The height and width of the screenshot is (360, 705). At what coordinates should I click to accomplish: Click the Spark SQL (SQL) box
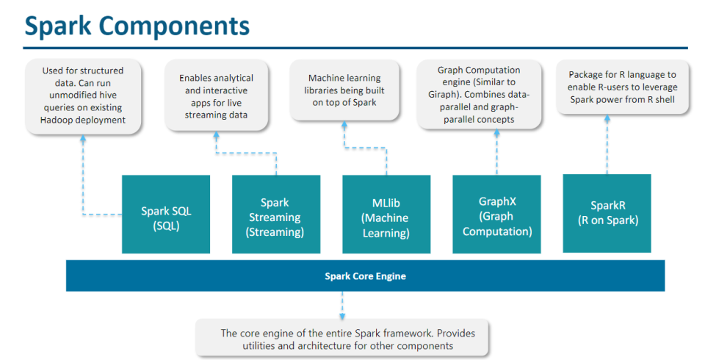click(x=166, y=215)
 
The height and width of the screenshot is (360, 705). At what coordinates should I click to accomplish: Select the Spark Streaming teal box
click(x=276, y=215)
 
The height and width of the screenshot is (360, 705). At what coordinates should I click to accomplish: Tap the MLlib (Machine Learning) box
click(x=386, y=215)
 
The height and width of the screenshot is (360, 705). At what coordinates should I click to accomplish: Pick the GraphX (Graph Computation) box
click(x=496, y=215)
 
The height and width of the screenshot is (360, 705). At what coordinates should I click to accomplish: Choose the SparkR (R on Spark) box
click(x=607, y=213)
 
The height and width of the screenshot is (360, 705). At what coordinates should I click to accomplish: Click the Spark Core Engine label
click(x=365, y=276)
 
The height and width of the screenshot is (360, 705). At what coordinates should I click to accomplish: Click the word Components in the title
click(x=174, y=26)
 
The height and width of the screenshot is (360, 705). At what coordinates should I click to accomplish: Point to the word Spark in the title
click(x=57, y=26)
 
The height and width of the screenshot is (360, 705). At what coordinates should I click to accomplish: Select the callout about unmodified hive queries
click(x=83, y=96)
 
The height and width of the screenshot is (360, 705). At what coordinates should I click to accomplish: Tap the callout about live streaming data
click(x=216, y=96)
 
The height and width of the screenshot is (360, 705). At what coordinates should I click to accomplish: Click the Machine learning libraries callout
click(x=344, y=90)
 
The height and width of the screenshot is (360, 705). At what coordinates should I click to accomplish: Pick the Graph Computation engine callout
click(x=479, y=95)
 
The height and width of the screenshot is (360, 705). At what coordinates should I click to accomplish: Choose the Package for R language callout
click(x=622, y=87)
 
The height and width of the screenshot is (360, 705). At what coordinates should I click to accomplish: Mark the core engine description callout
click(x=342, y=339)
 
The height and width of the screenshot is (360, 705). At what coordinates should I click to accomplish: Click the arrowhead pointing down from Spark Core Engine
click(x=342, y=317)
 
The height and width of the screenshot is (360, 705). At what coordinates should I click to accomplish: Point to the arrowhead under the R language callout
click(x=607, y=118)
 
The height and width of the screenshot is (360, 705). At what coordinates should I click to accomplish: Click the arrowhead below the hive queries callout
click(x=83, y=139)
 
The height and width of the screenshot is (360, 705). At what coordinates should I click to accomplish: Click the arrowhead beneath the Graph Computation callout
click(x=496, y=133)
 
